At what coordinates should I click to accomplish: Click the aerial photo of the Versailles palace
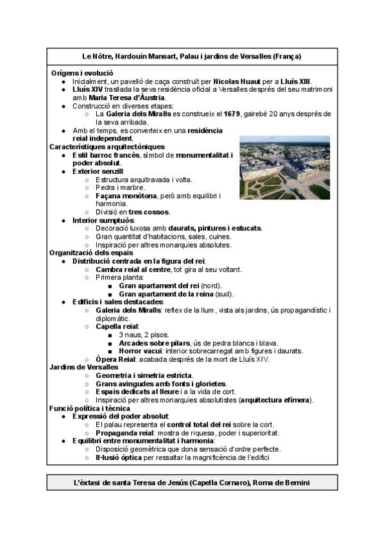[284, 167]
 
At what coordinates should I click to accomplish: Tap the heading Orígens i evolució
[82, 73]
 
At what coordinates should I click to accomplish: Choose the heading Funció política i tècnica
[89, 408]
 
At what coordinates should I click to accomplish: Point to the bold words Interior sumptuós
[103, 220]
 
